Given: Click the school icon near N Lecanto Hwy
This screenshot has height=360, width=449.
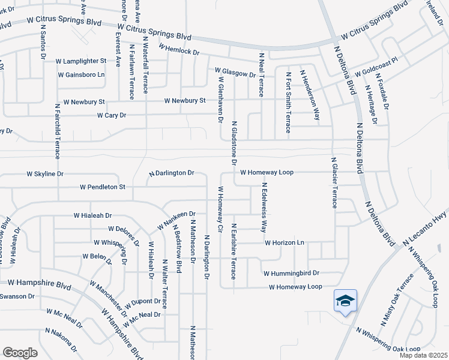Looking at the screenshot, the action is (x=345, y=299).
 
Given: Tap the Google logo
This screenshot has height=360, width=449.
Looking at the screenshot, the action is (x=20, y=352).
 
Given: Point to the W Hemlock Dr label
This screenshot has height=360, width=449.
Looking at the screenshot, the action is (x=179, y=49).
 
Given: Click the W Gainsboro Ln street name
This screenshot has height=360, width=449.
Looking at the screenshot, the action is (x=81, y=75).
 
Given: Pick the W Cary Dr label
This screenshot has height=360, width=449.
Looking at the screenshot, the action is (x=112, y=115).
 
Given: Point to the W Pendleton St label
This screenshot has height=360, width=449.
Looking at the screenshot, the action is (x=103, y=187).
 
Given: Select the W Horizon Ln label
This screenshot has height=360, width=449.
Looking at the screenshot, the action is (x=285, y=242).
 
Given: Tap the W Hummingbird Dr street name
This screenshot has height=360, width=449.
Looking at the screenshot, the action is (x=291, y=272).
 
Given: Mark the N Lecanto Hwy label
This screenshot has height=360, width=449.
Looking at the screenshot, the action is (x=426, y=228).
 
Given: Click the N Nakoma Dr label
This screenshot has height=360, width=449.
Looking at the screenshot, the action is (x=61, y=340).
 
